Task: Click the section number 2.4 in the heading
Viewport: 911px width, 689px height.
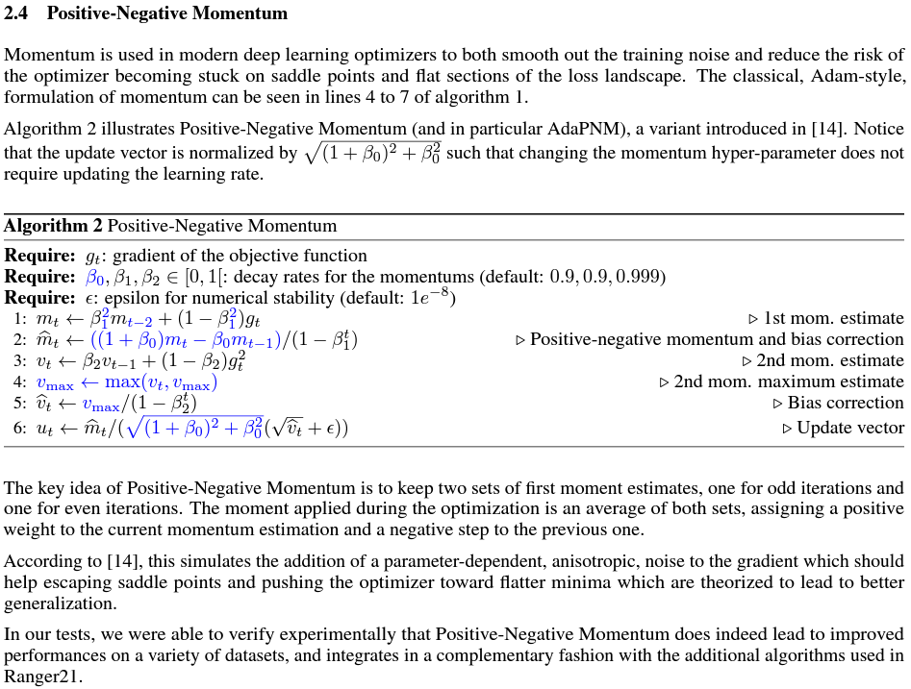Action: pyautogui.click(x=17, y=14)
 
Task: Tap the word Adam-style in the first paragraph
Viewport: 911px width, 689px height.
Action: pyautogui.click(x=862, y=75)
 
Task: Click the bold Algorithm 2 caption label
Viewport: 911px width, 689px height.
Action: pyautogui.click(x=53, y=227)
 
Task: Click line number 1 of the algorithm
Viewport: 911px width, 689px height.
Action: pyautogui.click(x=19, y=319)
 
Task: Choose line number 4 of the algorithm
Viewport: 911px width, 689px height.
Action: pyautogui.click(x=19, y=382)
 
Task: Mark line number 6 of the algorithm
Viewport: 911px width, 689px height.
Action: pyautogui.click(x=19, y=429)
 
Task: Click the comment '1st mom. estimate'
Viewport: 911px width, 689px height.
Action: pyautogui.click(x=833, y=319)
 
